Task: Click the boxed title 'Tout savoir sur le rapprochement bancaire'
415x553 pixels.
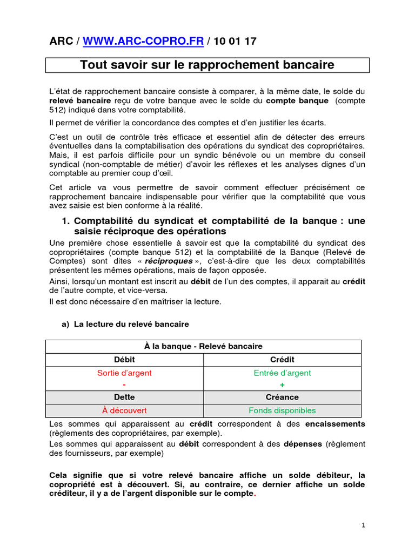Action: coord(207,65)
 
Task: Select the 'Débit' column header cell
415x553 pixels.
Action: coord(124,360)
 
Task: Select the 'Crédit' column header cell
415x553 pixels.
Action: coord(282,360)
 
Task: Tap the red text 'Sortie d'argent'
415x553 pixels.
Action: coord(124,373)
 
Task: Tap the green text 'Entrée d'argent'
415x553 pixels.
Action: coord(282,373)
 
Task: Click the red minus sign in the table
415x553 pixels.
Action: coord(124,385)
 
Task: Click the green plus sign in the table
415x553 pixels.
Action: coord(282,385)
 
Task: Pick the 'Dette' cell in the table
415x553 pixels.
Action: coord(124,397)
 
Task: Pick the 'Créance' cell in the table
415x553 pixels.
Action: coord(282,397)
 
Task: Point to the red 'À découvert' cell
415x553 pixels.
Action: coord(124,410)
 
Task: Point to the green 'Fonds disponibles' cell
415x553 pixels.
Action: coord(282,410)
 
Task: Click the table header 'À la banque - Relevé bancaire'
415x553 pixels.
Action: coord(203,346)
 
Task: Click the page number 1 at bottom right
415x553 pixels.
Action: coord(364,525)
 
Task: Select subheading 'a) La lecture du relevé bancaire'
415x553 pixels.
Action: coord(126,324)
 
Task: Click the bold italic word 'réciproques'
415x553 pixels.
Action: coord(173,261)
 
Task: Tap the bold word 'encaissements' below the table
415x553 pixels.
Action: coord(335,424)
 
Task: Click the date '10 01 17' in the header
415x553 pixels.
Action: coord(236,41)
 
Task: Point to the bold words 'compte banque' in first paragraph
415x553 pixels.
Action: coord(297,100)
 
